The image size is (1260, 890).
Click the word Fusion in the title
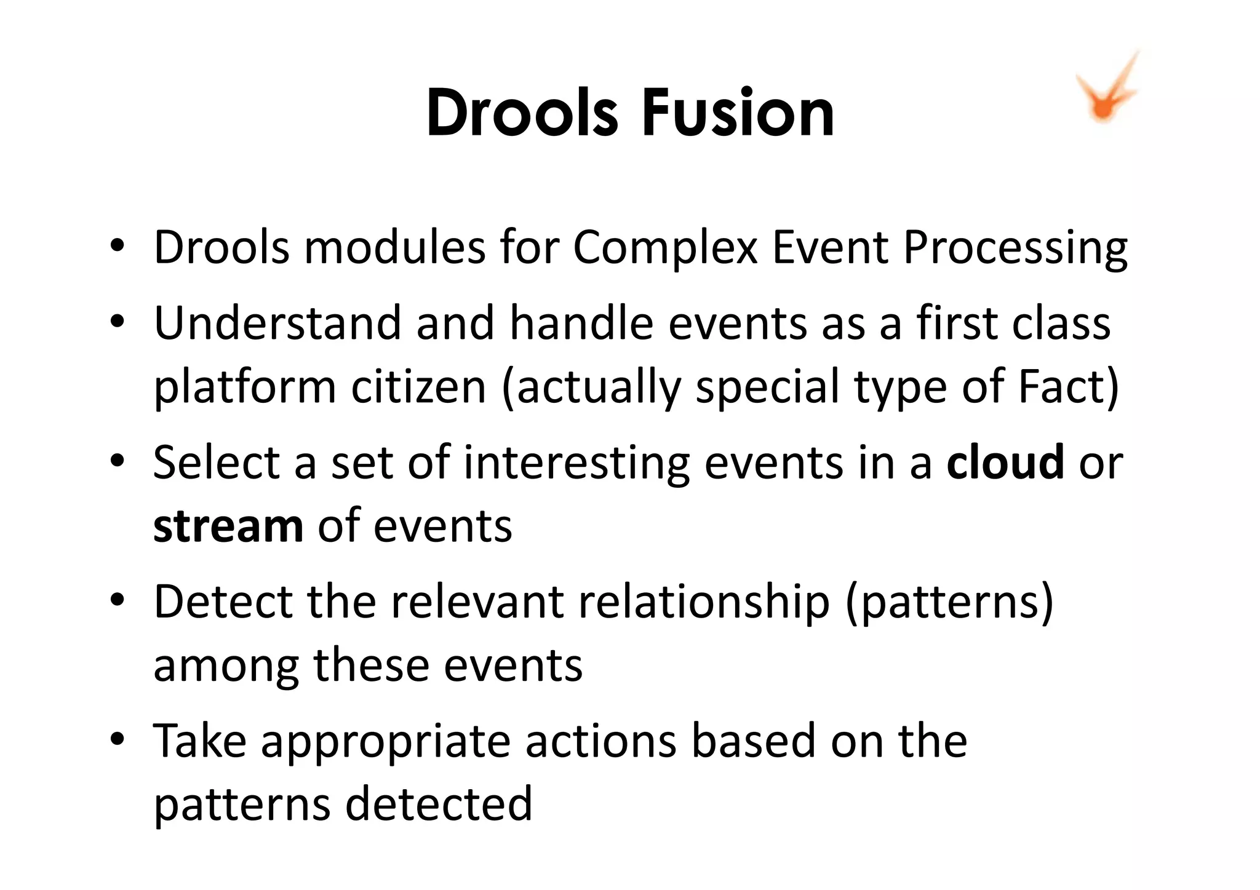pyautogui.click(x=738, y=113)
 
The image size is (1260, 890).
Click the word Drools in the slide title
pyautogui.click(x=522, y=113)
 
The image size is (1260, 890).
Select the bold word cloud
pyautogui.click(x=1005, y=462)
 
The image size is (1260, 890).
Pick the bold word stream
pyautogui.click(x=228, y=526)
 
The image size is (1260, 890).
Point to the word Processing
pyautogui.click(x=1015, y=248)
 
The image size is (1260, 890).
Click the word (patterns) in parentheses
pyautogui.click(x=949, y=602)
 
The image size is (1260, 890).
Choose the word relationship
pyautogui.click(x=704, y=602)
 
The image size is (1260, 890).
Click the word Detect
pyautogui.click(x=222, y=602)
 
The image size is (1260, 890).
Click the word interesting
pyautogui.click(x=576, y=462)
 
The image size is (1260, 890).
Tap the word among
pyautogui.click(x=226, y=666)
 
